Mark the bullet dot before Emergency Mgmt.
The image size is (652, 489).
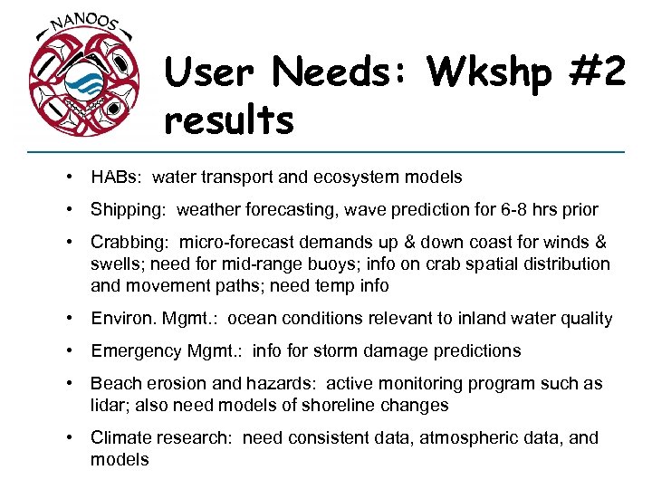[x=70, y=351]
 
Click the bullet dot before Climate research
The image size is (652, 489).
[x=70, y=438]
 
